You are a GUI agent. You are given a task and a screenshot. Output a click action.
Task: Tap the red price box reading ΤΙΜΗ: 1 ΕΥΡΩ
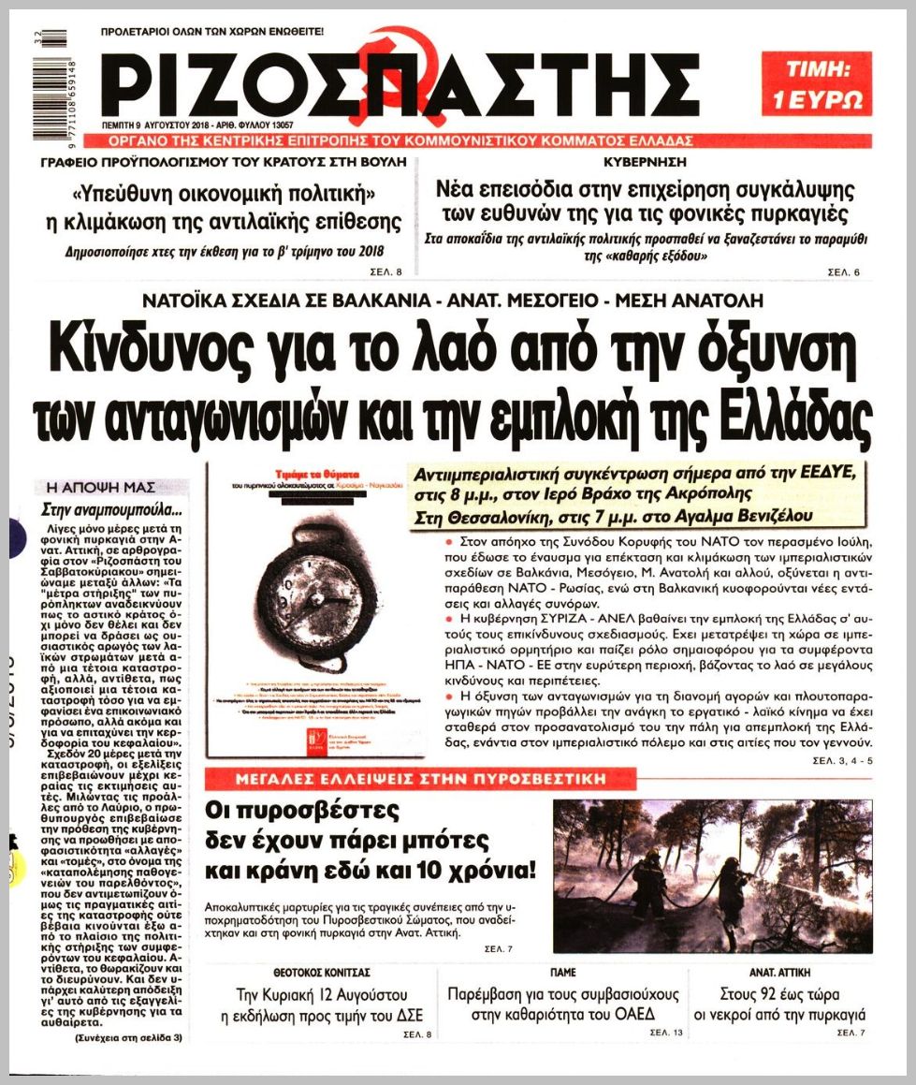pos(816,84)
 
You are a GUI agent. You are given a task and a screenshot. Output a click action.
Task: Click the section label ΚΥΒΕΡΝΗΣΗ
pos(647,161)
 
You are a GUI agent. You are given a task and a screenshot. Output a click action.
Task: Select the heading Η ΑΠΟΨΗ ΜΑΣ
pos(95,487)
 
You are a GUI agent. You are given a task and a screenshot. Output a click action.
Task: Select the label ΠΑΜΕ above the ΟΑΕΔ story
pos(563,973)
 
